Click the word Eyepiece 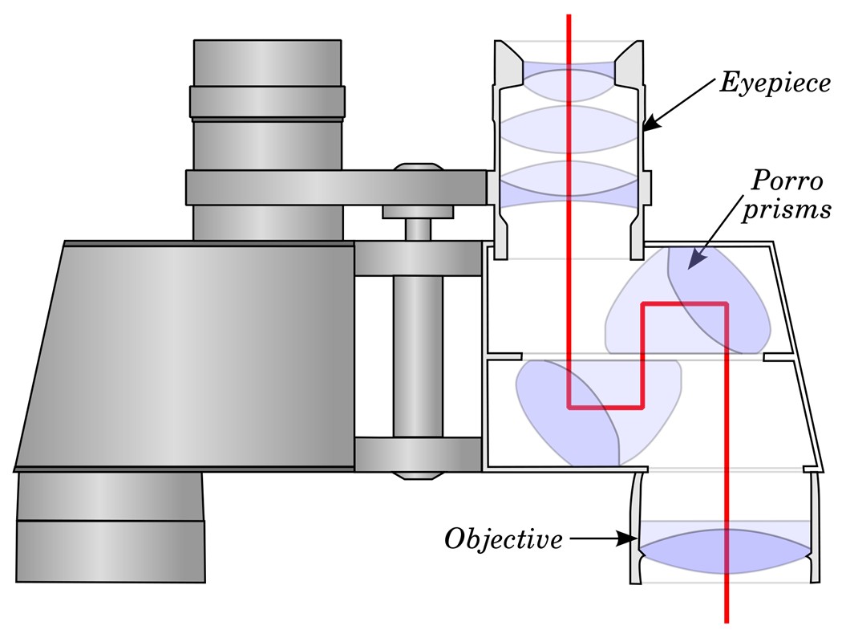[775, 83]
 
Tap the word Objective [504, 538]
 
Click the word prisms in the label [787, 209]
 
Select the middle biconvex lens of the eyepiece [571, 129]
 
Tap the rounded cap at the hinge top [419, 167]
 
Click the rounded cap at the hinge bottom [419, 475]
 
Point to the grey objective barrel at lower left [111, 526]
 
